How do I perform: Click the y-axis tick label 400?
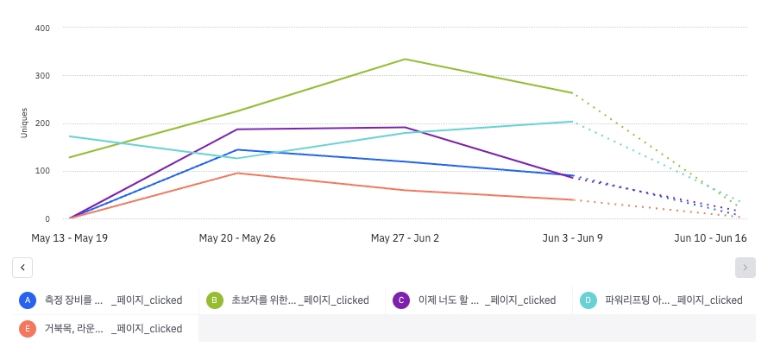click(42, 28)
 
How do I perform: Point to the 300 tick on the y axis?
click(42, 75)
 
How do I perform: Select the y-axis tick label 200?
click(42, 123)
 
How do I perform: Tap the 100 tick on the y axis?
click(42, 171)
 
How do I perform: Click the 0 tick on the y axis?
click(47, 219)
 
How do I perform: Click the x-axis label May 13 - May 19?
click(69, 237)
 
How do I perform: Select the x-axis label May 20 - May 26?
click(237, 237)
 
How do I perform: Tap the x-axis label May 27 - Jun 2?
click(405, 237)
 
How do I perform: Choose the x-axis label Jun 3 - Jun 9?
click(573, 237)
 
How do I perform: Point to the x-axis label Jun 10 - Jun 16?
click(710, 237)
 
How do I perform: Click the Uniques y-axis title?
click(24, 123)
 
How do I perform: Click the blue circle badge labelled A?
click(28, 300)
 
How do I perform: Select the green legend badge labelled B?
click(214, 300)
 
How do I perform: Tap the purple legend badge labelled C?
click(400, 300)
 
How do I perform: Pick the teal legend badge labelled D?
click(588, 300)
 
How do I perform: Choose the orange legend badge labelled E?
click(28, 328)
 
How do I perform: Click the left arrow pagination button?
click(22, 268)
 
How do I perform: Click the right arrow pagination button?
click(746, 268)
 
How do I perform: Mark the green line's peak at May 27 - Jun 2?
click(405, 59)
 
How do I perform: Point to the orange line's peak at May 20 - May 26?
click(237, 173)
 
